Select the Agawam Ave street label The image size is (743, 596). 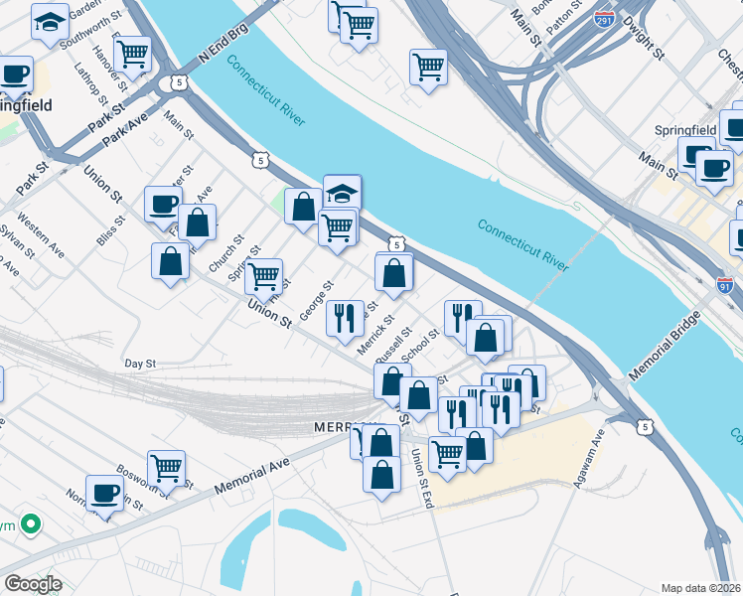(x=589, y=461)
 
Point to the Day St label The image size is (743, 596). (x=140, y=365)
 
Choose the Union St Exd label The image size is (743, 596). (x=421, y=481)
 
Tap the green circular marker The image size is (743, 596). (x=31, y=522)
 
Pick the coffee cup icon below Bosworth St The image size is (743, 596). (x=104, y=493)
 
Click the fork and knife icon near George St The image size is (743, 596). (x=345, y=318)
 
